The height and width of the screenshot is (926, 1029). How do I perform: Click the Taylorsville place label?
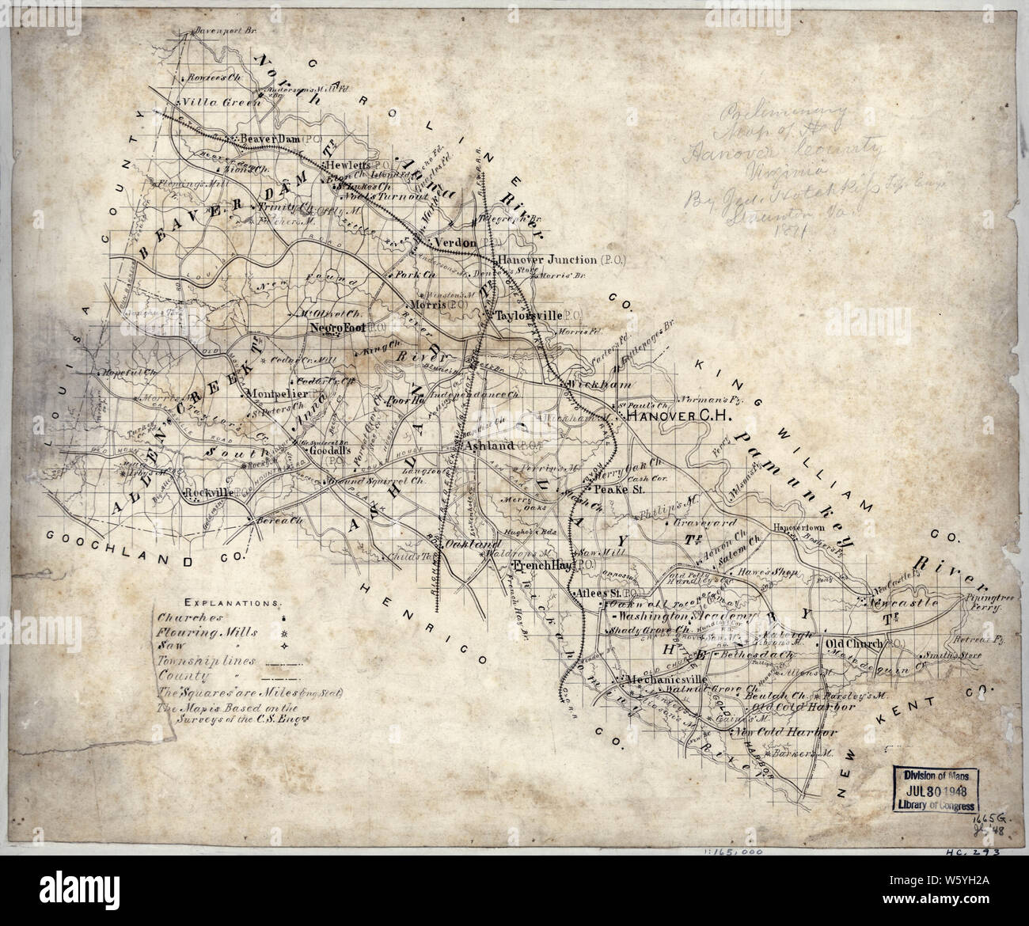click(528, 315)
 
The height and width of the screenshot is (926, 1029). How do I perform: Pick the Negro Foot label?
click(336, 326)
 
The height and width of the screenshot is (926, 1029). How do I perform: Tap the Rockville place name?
click(207, 494)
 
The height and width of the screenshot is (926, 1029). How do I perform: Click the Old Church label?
click(852, 644)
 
